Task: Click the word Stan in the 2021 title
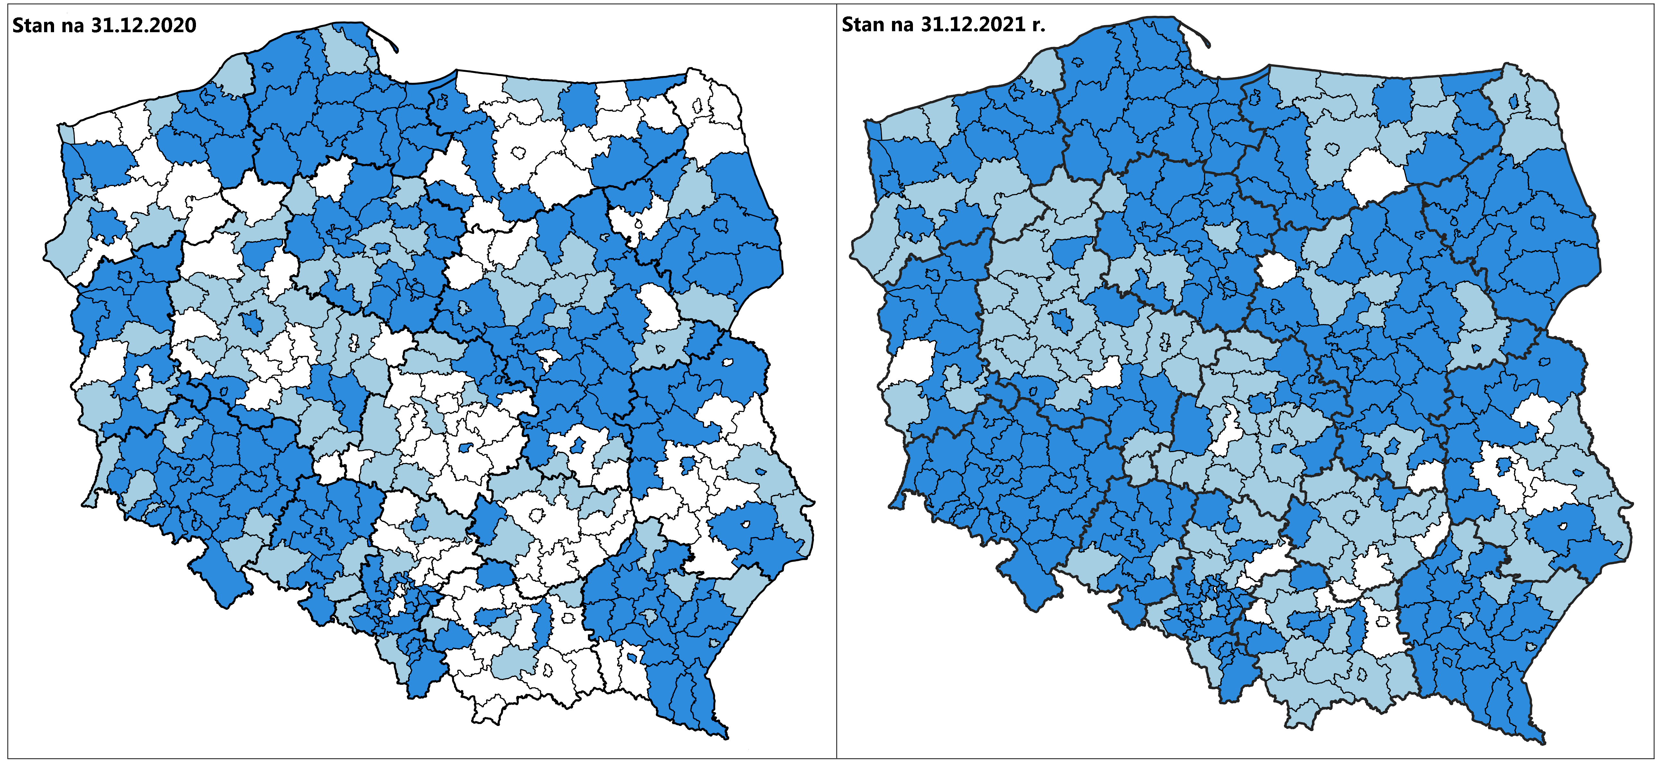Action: click(x=862, y=24)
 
